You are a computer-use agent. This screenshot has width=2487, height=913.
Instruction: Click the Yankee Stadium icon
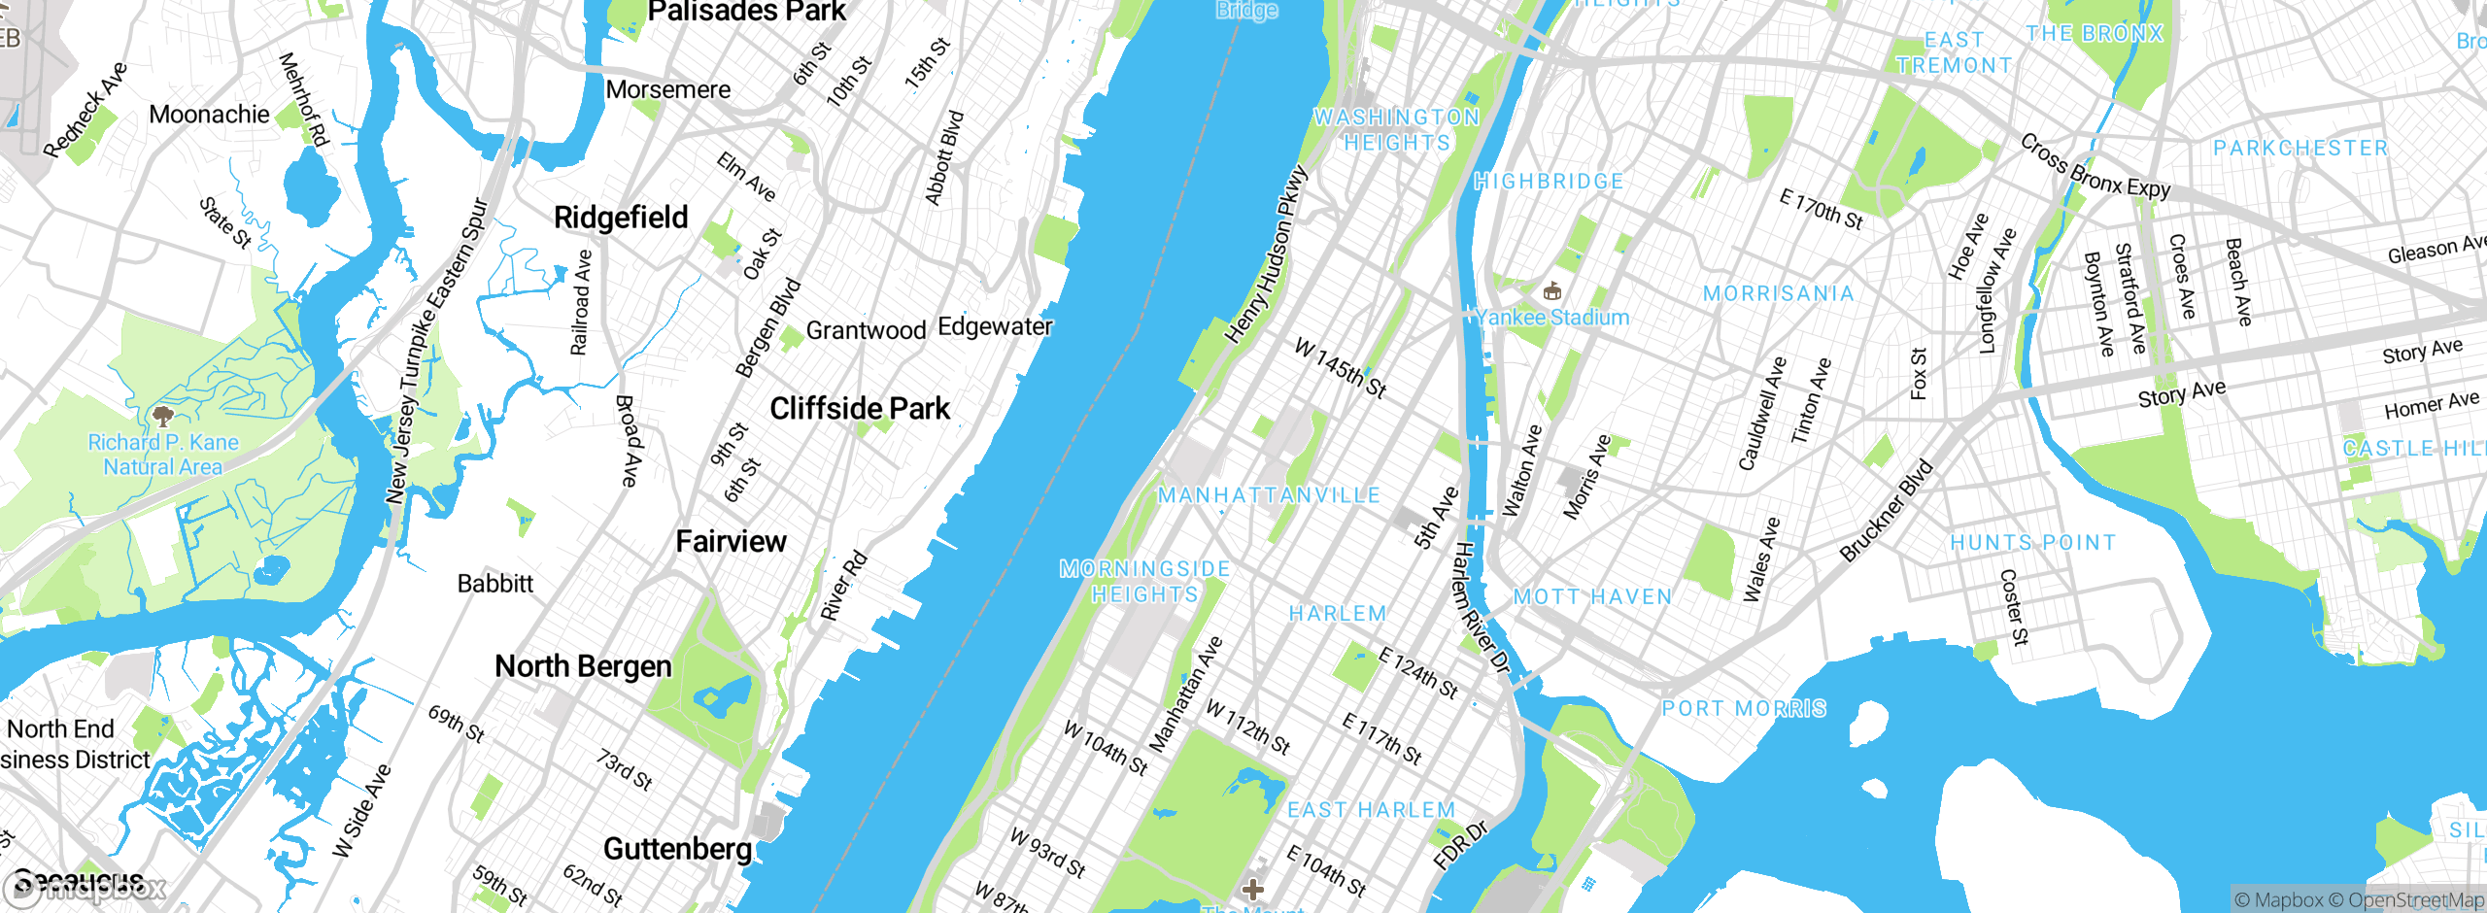click(x=1551, y=290)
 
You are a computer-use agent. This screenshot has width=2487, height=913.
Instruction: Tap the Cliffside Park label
click(x=860, y=409)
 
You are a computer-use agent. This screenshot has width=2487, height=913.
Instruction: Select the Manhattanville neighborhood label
click(x=1269, y=495)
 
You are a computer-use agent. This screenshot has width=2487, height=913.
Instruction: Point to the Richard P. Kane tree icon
click(x=163, y=417)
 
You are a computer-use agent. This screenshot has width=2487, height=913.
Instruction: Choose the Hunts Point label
click(x=2033, y=543)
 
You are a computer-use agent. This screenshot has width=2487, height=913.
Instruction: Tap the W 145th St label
click(x=1341, y=368)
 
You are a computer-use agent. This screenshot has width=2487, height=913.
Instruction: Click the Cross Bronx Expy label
click(x=2095, y=167)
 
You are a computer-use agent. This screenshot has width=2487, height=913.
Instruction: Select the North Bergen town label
click(x=583, y=666)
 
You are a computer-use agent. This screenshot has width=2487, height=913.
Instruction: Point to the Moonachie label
click(x=209, y=115)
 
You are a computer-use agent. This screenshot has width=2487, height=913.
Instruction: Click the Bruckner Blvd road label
click(x=1887, y=511)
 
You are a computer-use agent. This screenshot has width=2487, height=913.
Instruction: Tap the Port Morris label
click(x=1744, y=709)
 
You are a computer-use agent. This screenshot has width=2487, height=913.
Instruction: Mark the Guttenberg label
click(x=677, y=849)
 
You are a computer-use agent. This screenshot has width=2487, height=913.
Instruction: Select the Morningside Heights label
click(x=1144, y=582)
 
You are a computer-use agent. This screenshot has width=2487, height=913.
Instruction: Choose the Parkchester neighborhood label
click(x=2300, y=149)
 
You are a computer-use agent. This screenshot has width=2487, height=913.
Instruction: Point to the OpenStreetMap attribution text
click(x=2415, y=900)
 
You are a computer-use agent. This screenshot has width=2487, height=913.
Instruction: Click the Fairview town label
click(x=731, y=542)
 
